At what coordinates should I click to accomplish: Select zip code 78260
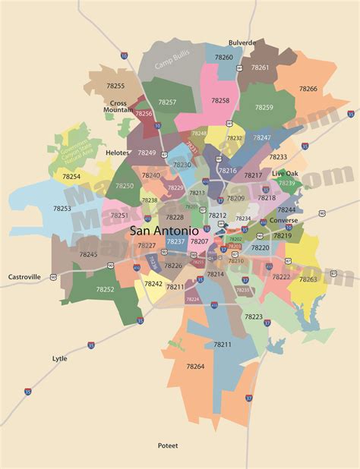(x=224, y=57)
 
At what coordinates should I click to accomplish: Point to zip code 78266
(x=308, y=89)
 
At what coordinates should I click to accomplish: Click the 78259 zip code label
(x=264, y=107)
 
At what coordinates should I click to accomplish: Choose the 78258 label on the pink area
(x=220, y=100)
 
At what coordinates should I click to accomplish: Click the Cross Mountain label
(x=118, y=106)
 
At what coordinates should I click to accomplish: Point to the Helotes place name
(x=118, y=152)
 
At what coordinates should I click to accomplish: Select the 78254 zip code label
(x=71, y=176)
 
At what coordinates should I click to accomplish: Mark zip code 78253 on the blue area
(x=62, y=207)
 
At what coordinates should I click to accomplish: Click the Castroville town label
(x=25, y=278)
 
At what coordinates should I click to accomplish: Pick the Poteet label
(x=168, y=445)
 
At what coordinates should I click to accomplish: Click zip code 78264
(x=194, y=367)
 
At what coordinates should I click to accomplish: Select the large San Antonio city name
(x=165, y=230)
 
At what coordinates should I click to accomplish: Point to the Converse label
(x=283, y=221)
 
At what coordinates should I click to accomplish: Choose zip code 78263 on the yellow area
(x=308, y=279)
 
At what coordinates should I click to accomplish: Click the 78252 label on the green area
(x=105, y=289)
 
